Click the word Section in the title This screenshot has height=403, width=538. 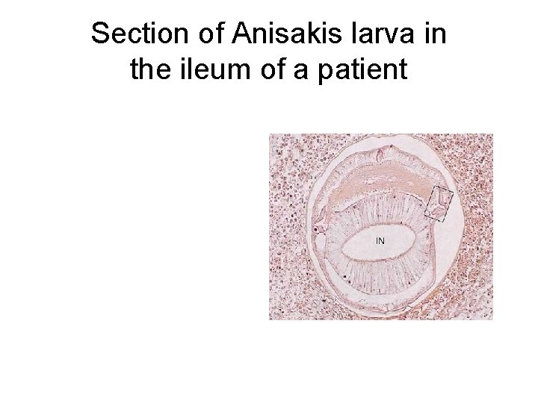coord(135,34)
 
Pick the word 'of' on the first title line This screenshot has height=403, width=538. coord(205,34)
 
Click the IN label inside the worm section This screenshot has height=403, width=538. coord(380,241)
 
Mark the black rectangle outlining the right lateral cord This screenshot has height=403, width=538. coord(439,205)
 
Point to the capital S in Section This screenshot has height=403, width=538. coord(99,34)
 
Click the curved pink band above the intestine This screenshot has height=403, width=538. coord(374,183)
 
